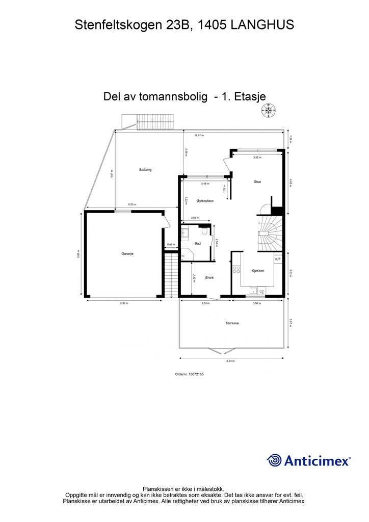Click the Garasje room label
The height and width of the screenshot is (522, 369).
coord(127,253)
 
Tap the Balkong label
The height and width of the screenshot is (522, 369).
coord(145,169)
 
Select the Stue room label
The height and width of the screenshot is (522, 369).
coord(258,181)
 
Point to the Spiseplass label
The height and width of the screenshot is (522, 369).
coord(205,201)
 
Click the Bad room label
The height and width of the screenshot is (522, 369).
coord(197,244)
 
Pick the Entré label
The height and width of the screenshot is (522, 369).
coord(209,278)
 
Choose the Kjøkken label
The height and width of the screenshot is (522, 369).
coord(257,271)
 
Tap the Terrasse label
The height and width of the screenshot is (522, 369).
coord(232,323)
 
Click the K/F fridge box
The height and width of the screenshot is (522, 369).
coord(278,259)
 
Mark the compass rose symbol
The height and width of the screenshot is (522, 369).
coord(269,110)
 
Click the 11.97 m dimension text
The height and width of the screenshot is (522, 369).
coord(199,135)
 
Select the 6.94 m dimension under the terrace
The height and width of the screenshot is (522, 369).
coord(232,360)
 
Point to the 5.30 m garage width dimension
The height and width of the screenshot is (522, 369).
coord(124,304)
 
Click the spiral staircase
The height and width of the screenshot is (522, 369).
coord(269,232)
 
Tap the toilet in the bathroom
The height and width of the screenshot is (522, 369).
coord(204,232)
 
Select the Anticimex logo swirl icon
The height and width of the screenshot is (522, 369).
coord(275,460)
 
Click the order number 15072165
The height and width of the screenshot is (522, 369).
coord(189,374)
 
